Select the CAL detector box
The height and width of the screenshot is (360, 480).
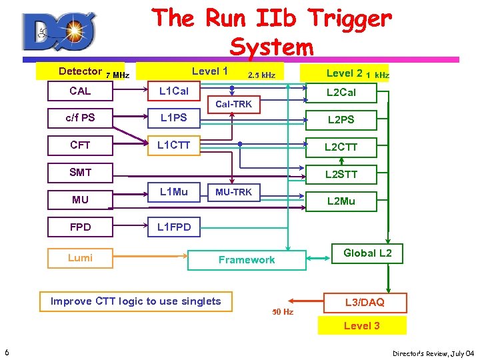[x=80, y=91]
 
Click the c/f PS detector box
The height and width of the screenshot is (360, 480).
[x=80, y=118]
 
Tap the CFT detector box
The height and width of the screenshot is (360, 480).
[x=80, y=145]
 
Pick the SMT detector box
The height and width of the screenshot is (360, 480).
[x=80, y=173]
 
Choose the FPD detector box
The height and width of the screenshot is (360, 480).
[x=80, y=227]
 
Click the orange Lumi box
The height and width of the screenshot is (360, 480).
[x=80, y=258]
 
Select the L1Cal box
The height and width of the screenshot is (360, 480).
[x=173, y=91]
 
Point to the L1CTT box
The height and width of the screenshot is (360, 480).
[x=173, y=145]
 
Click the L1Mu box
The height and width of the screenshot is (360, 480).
[x=173, y=193]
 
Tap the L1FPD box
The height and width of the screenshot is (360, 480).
[x=173, y=227]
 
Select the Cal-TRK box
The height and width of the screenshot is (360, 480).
[x=233, y=105]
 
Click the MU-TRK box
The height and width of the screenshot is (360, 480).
[x=233, y=193]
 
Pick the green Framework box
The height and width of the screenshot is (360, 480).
[x=247, y=260]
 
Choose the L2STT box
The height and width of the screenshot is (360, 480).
[x=341, y=175]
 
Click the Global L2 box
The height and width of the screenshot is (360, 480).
[x=367, y=253]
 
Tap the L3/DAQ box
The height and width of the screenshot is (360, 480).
[x=365, y=303]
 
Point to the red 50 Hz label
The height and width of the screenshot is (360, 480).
[x=283, y=312]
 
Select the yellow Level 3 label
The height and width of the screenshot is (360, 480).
[x=362, y=326]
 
